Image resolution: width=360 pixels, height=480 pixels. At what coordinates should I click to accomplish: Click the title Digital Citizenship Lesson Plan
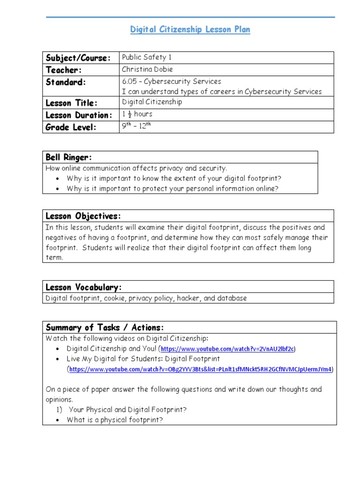(190, 30)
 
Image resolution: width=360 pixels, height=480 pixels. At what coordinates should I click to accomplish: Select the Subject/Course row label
(78, 58)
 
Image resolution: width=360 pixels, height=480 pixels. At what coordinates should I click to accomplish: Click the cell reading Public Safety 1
(147, 57)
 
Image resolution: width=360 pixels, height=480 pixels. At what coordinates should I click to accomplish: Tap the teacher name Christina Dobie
(147, 69)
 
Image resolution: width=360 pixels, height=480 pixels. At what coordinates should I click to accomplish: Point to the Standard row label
(66, 82)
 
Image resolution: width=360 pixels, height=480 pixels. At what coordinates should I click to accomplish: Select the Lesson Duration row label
(79, 115)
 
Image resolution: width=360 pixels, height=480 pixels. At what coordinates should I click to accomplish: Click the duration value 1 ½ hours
(137, 114)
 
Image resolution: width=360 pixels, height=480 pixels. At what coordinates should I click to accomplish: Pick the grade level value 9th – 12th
(137, 126)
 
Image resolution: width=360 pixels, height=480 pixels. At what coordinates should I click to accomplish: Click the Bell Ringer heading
(69, 157)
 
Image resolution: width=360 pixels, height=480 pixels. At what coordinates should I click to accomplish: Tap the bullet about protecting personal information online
(172, 188)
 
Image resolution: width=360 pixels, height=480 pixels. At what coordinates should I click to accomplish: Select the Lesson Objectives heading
(83, 216)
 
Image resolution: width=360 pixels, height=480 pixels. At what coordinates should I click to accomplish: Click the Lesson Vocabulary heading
(83, 287)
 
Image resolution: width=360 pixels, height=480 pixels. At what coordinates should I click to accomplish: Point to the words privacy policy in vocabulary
(150, 298)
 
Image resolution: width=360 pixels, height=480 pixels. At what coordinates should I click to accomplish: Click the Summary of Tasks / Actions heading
(105, 327)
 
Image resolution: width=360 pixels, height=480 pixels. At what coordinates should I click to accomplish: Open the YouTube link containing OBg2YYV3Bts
(201, 369)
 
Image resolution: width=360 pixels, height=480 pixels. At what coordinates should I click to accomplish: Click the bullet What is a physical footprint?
(115, 420)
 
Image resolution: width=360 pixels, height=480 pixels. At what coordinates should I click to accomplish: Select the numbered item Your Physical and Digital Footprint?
(127, 410)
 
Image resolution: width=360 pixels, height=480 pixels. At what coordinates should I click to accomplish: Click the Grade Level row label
(71, 127)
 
